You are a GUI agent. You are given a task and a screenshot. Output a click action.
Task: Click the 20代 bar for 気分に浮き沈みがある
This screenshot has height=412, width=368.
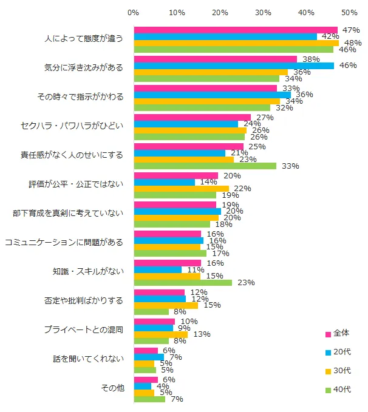(x=234, y=66)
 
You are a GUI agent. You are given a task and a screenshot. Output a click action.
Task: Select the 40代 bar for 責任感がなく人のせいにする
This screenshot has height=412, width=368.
(x=205, y=166)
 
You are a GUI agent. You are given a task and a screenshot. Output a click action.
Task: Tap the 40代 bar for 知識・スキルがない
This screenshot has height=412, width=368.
(x=183, y=282)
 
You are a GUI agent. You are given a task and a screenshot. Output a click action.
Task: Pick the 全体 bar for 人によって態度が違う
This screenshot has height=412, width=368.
(x=236, y=30)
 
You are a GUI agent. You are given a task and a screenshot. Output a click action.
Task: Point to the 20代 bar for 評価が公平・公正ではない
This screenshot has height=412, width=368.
(x=164, y=182)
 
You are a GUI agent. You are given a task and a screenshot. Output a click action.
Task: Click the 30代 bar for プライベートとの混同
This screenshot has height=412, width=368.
(x=161, y=334)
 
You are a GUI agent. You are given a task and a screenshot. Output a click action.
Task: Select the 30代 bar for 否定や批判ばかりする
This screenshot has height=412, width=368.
(x=166, y=305)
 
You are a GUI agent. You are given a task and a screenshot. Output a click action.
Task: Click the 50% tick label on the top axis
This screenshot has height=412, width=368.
(x=349, y=12)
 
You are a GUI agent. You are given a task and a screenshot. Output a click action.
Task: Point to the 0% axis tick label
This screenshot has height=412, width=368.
(x=134, y=12)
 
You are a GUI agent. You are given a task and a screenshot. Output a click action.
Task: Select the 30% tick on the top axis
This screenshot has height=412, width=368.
(x=263, y=12)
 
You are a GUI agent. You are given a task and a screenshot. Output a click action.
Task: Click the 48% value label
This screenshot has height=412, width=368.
(x=352, y=42)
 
